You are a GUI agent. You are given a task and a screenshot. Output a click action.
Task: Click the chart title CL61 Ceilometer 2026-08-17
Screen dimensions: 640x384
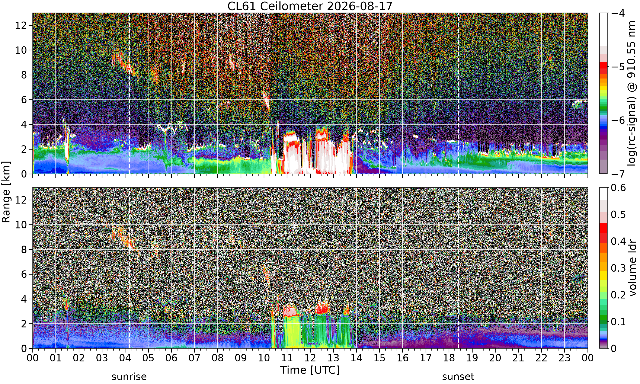point(310,6)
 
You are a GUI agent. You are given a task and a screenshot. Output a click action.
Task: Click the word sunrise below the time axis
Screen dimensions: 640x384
point(129,377)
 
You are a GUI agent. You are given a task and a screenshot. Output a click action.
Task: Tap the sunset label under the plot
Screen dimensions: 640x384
point(458,377)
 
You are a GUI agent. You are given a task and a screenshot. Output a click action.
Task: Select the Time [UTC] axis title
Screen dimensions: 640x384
point(310,370)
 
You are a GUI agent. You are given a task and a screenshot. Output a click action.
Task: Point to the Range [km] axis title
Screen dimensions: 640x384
point(6,192)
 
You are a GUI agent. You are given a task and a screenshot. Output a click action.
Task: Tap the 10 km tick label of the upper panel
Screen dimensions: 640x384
point(21,50)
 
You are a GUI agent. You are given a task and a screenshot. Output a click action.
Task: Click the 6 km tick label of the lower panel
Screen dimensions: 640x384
point(24,274)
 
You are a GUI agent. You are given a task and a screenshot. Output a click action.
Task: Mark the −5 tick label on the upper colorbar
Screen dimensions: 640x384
point(618,67)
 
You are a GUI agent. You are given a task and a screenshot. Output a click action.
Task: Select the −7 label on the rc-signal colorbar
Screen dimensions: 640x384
point(618,174)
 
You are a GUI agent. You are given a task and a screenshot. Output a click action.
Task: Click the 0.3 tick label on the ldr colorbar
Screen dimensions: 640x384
point(618,268)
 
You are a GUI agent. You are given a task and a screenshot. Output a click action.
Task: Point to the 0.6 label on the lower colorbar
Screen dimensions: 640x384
point(618,188)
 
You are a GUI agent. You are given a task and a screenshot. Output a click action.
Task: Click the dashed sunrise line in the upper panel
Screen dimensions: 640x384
point(129,93)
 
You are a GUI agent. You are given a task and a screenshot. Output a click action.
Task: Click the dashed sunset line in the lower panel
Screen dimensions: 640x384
point(458,268)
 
